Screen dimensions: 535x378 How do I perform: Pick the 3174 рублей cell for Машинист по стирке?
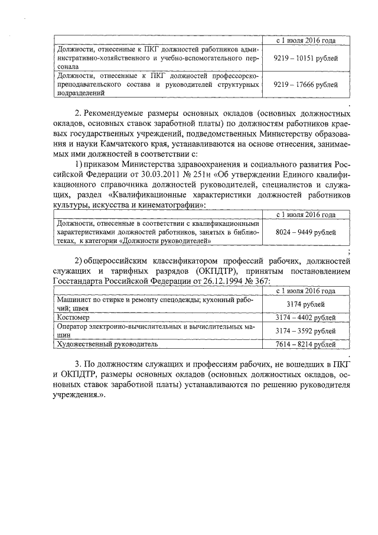click(x=307, y=304)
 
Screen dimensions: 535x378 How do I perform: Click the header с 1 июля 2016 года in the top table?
click(x=307, y=41)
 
